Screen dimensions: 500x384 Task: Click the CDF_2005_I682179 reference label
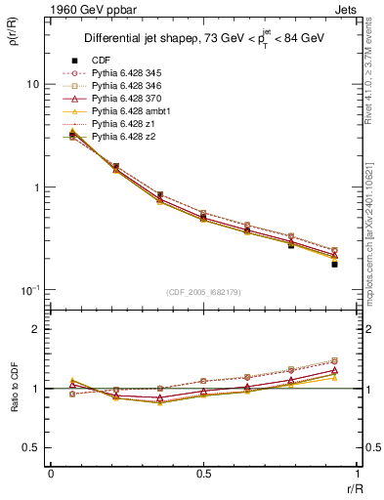(x=204, y=293)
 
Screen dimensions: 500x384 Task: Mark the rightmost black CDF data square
(x=334, y=265)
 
